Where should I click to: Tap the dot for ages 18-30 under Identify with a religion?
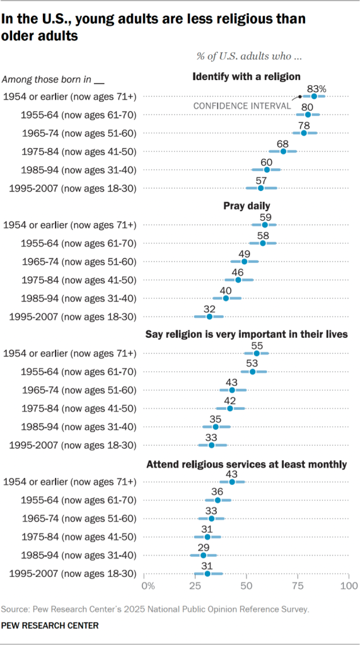260,188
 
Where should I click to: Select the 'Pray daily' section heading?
247,206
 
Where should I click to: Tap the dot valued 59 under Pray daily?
264,225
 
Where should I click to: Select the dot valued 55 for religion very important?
257,354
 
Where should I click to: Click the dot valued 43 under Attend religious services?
232,482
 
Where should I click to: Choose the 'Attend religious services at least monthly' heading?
247,465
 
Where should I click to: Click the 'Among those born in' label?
47,79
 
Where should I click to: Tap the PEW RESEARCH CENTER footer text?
50,625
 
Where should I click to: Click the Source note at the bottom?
155,610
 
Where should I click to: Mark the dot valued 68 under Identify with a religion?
283,151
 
